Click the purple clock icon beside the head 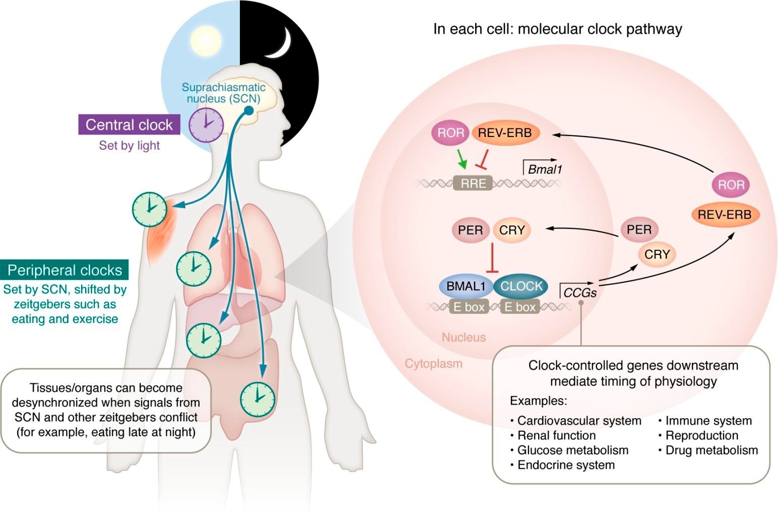click(x=206, y=124)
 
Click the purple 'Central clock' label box click(x=129, y=124)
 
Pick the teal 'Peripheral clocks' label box click(x=64, y=270)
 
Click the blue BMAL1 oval click(x=466, y=286)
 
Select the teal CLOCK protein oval click(x=521, y=286)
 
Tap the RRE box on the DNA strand click(x=473, y=183)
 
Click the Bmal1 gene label click(x=544, y=169)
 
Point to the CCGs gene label click(x=579, y=292)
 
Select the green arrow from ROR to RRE click(x=462, y=158)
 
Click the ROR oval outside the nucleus click(x=731, y=184)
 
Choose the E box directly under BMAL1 click(x=469, y=306)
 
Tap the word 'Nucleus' click(x=464, y=337)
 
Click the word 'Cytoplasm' click(x=433, y=363)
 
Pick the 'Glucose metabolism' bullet click(x=572, y=450)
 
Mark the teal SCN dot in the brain click(x=248, y=110)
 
